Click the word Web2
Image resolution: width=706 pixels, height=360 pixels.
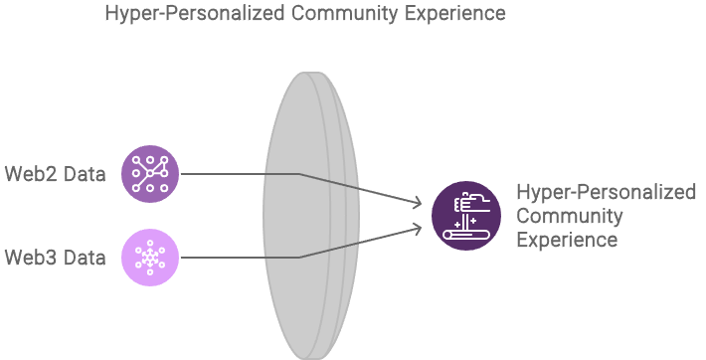pyautogui.click(x=28, y=175)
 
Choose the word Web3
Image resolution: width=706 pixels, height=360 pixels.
pyautogui.click(x=28, y=258)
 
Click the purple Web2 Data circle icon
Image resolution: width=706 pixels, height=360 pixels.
pyautogui.click(x=150, y=174)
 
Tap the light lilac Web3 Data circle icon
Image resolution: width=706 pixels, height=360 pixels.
pyautogui.click(x=150, y=258)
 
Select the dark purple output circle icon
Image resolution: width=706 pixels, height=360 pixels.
pyautogui.click(x=466, y=216)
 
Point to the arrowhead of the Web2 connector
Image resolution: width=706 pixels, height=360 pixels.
pyautogui.click(x=419, y=204)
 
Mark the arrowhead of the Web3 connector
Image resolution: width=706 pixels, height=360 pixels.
pyautogui.click(x=419, y=228)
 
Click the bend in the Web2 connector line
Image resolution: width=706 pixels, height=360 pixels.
pyautogui.click(x=299, y=174)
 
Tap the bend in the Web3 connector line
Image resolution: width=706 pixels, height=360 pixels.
pyautogui.click(x=299, y=258)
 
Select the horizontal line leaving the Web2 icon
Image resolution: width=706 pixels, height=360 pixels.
pyautogui.click(x=239, y=174)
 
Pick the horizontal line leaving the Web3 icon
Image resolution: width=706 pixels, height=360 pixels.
pyautogui.click(x=239, y=258)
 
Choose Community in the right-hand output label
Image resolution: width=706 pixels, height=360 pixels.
pyautogui.click(x=569, y=217)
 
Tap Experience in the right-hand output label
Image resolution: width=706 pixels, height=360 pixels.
pyautogui.click(x=567, y=241)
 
